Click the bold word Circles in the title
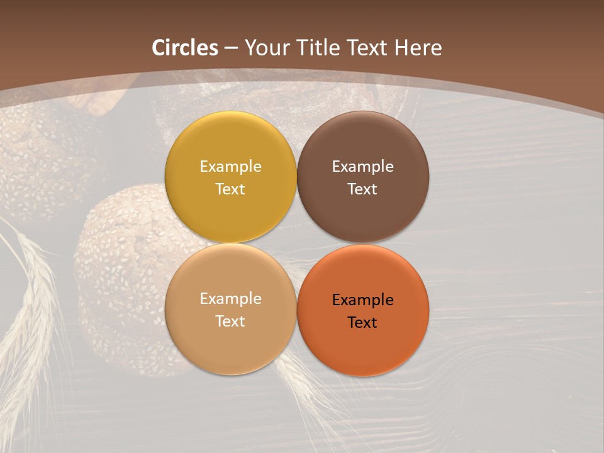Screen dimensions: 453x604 click(185, 48)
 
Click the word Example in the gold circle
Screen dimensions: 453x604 click(230, 167)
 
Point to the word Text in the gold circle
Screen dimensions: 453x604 click(230, 189)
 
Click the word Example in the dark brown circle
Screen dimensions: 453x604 click(362, 167)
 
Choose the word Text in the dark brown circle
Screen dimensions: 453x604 click(362, 189)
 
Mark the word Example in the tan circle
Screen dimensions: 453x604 click(230, 299)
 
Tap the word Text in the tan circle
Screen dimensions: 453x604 click(230, 322)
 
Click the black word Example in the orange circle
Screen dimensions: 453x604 click(362, 300)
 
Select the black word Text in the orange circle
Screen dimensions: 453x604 click(362, 323)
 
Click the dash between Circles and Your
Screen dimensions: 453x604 click(231, 48)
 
